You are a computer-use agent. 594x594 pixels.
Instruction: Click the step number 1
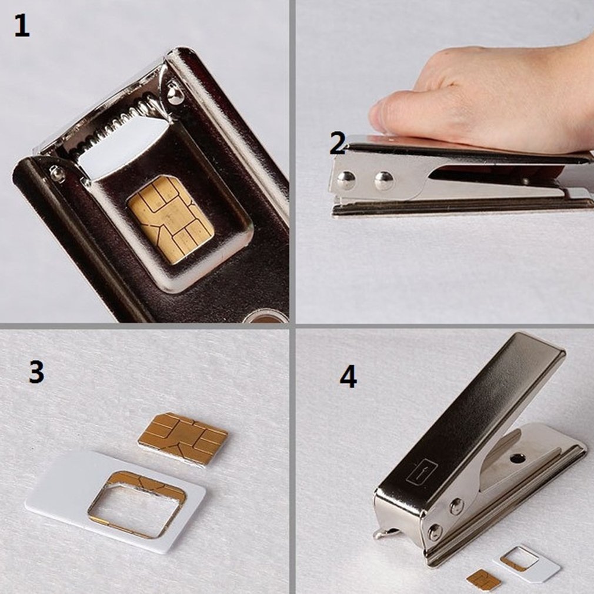[x=22, y=27]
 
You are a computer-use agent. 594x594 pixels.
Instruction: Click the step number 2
[x=338, y=143]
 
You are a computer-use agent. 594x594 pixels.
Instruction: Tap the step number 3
[x=36, y=372]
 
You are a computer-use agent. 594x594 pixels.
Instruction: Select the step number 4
[x=348, y=376]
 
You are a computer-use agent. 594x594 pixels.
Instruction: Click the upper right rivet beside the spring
[x=175, y=95]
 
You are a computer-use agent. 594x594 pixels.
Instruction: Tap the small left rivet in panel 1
[x=56, y=172]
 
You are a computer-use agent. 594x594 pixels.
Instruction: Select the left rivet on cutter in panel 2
[x=346, y=179]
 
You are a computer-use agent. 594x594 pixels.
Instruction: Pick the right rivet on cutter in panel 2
[x=384, y=180]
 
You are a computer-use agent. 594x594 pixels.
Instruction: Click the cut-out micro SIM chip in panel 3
[x=183, y=438]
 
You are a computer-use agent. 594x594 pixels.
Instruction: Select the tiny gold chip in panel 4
[x=483, y=580]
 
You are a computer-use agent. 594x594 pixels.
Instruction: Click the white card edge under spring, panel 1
[x=124, y=147]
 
